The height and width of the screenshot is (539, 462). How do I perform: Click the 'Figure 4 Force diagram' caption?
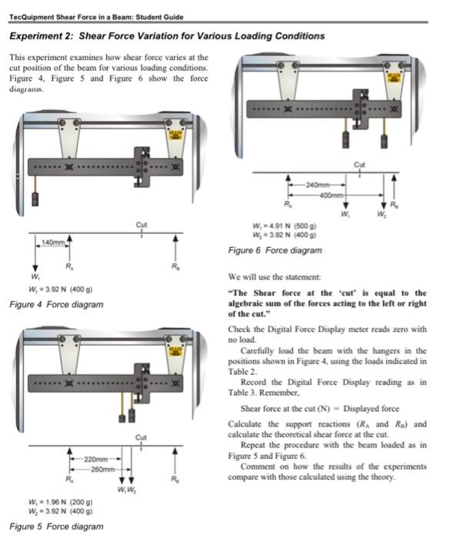coord(55,304)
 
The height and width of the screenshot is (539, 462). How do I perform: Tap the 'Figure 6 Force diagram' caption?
coord(275,250)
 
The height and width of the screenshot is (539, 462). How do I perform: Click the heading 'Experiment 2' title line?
coord(166,36)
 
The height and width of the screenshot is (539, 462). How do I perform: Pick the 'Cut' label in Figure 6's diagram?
coord(360,163)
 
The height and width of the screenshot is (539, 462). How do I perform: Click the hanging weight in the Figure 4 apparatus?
coord(34,199)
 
